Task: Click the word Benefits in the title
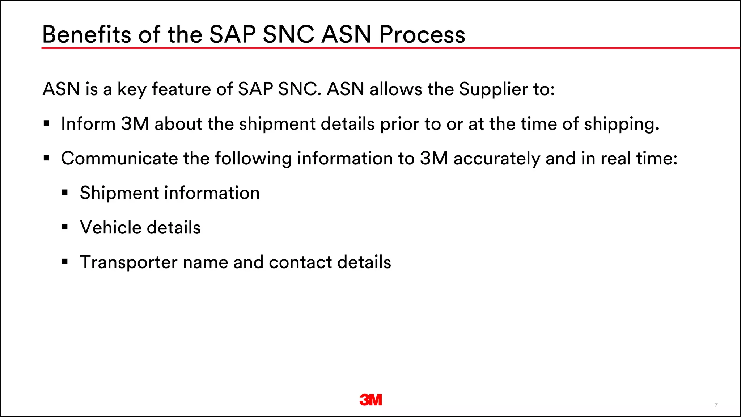point(86,35)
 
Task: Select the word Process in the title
point(422,35)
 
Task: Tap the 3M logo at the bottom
point(370,400)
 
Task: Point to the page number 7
point(716,405)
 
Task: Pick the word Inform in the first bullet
point(88,124)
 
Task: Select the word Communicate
point(119,159)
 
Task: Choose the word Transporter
point(128,262)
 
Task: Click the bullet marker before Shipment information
point(65,193)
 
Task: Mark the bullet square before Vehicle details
point(65,227)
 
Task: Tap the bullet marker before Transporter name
point(65,262)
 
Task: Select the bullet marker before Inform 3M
point(46,123)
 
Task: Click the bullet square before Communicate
point(46,158)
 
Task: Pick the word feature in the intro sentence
point(181,89)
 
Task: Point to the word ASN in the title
point(346,35)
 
